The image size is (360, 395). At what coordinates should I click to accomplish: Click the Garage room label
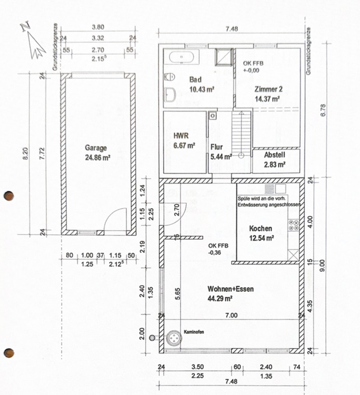(x=96, y=148)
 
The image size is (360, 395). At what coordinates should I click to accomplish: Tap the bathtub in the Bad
(x=182, y=57)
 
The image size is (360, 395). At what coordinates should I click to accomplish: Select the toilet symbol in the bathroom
(x=169, y=76)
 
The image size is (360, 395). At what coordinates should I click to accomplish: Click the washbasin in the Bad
(x=170, y=95)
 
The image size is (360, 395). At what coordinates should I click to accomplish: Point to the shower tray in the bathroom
(x=223, y=57)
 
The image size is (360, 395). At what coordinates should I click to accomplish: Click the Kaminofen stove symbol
(x=174, y=338)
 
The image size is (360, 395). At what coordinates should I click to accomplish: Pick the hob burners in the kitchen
(x=294, y=225)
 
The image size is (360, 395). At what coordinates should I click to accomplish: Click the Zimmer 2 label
(x=268, y=89)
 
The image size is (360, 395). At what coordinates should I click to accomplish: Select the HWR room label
(x=181, y=136)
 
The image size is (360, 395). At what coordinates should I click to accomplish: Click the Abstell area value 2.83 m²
(x=275, y=164)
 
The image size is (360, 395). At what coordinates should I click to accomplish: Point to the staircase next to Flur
(x=241, y=135)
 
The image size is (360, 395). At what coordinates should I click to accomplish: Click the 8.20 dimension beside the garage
(x=25, y=153)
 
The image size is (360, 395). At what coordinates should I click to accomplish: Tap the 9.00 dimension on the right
(x=322, y=265)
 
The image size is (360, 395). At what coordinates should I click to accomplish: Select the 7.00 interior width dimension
(x=232, y=315)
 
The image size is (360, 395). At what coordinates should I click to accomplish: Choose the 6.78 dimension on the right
(x=323, y=110)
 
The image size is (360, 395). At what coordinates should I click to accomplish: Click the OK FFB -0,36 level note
(x=218, y=249)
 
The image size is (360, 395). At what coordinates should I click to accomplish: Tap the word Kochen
(x=261, y=229)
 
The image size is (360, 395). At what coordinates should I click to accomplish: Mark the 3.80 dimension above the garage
(x=98, y=27)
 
